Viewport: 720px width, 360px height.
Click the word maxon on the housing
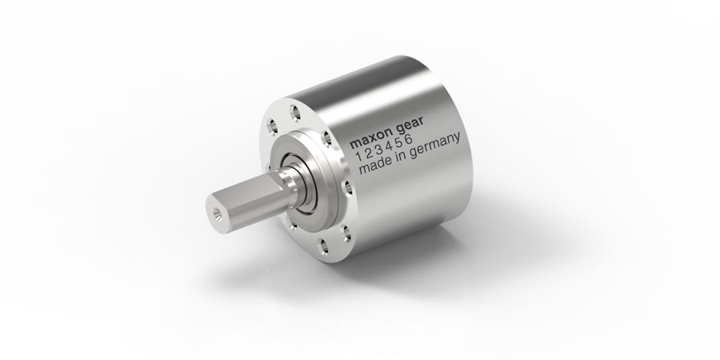coord(376,144)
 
